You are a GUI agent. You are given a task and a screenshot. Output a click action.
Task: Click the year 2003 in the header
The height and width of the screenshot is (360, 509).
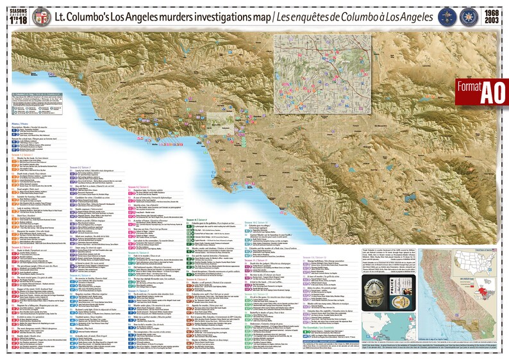(x=490, y=21)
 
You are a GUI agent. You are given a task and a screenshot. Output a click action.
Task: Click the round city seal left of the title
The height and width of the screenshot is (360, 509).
(x=40, y=16)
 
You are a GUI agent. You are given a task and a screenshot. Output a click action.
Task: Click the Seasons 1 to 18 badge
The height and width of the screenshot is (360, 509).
(x=17, y=16)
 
